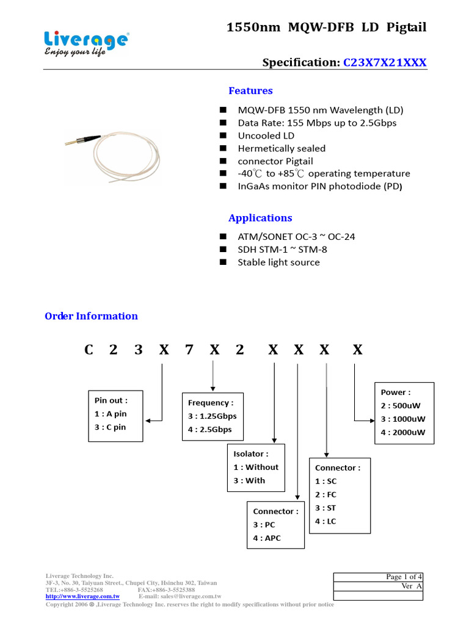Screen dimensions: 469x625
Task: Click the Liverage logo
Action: tap(85, 44)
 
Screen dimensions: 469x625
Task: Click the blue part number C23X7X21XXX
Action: tap(385, 63)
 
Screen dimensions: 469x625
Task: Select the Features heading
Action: tap(250, 91)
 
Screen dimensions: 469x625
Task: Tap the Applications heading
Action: tap(260, 218)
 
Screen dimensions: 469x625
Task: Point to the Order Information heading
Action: tap(92, 316)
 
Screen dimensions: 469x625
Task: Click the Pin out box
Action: tap(115, 416)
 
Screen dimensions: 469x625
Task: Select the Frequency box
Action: tap(213, 416)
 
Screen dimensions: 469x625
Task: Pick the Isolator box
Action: tap(256, 467)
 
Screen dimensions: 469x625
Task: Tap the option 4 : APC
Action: tap(267, 538)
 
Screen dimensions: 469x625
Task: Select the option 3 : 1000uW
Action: tap(403, 419)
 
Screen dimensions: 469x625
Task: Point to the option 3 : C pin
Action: tap(111, 427)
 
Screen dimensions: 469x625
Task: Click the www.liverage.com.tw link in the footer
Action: tap(82, 597)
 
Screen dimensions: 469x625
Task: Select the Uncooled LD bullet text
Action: tap(266, 135)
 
